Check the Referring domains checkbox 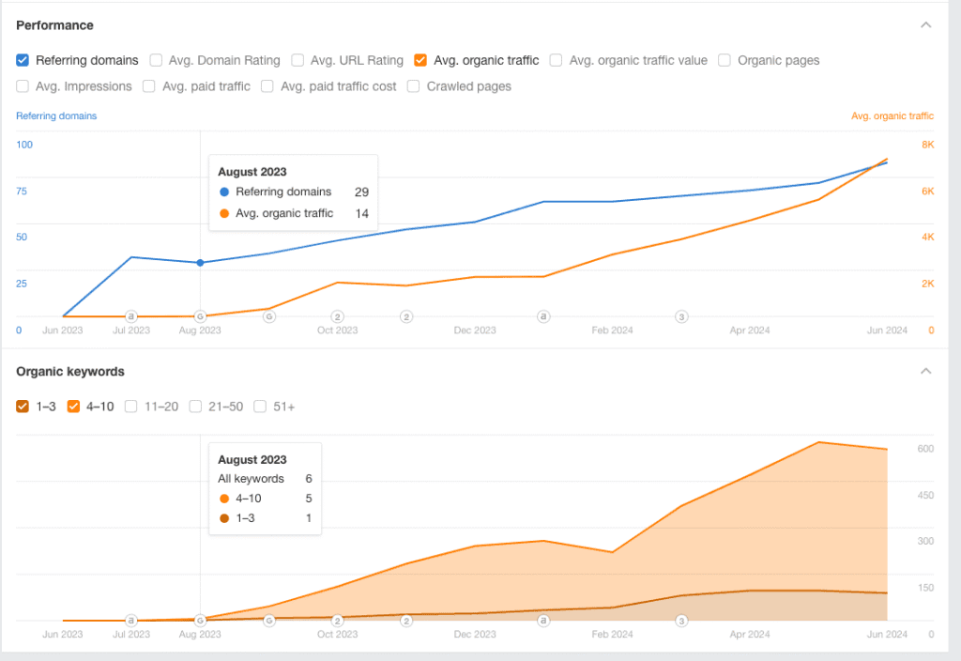23,60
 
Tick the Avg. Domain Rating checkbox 156,60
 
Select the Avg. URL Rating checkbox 297,60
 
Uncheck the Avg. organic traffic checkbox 420,60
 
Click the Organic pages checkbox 725,60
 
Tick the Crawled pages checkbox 414,86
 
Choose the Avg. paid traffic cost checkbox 267,86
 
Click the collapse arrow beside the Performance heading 926,25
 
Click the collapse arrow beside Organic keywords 926,371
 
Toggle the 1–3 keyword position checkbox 23,407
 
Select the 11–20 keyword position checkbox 131,407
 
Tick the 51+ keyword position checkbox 260,407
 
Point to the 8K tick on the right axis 927,145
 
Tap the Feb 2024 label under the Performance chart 612,330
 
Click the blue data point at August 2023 200,263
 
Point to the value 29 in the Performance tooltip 361,192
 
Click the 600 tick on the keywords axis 925,449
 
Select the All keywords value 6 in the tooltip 309,479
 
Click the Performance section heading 54,25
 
